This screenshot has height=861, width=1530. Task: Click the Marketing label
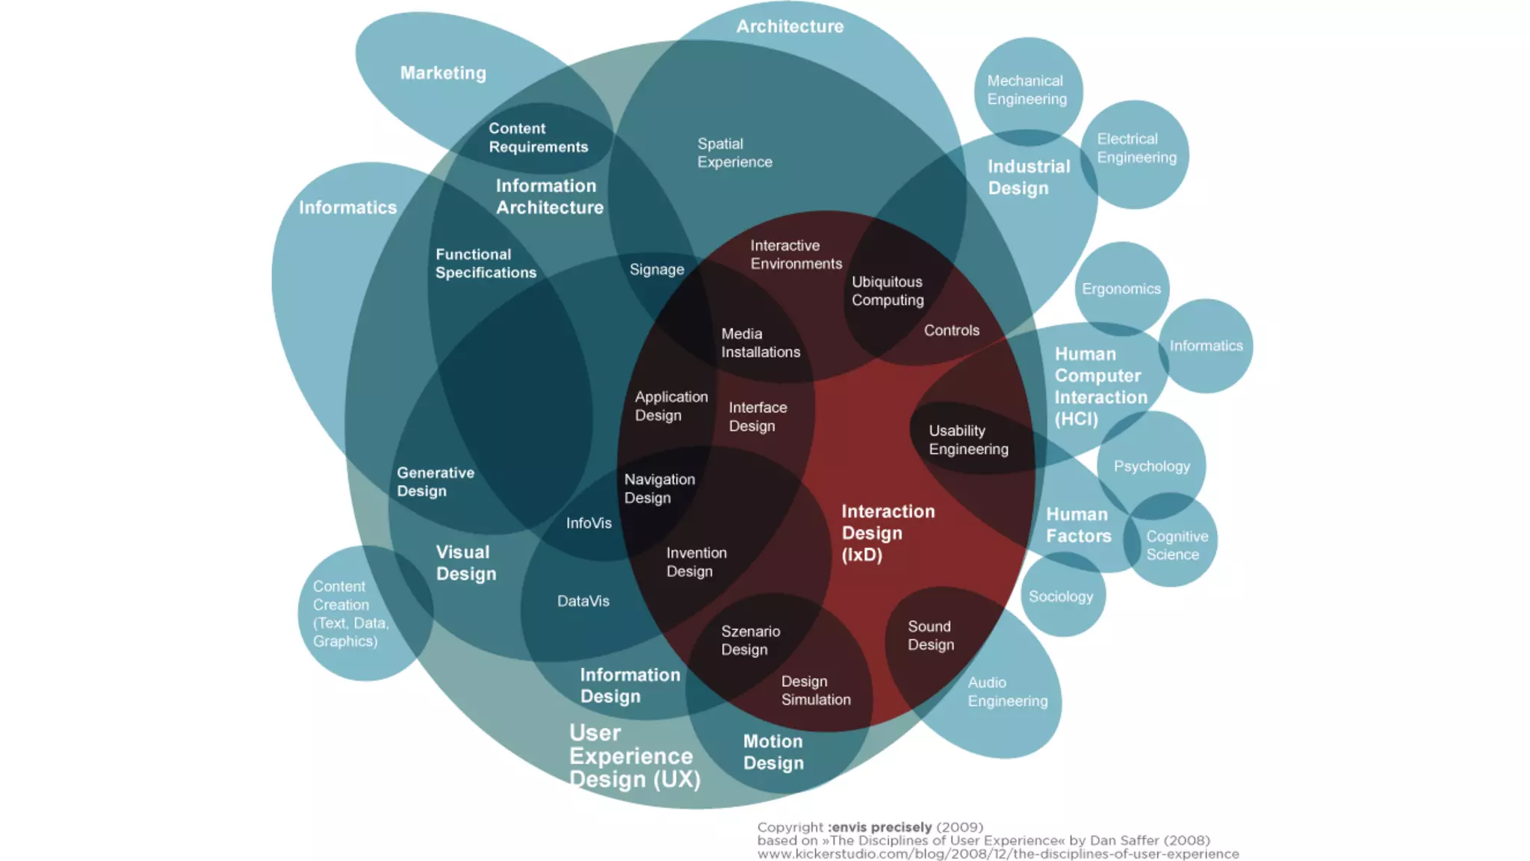443,73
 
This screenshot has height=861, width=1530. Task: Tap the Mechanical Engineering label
1026,90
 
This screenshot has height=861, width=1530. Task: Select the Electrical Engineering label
1136,148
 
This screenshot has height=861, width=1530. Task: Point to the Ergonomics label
1121,289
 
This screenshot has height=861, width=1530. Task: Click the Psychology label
1151,466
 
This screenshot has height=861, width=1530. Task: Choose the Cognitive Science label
1177,546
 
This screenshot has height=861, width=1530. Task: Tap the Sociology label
1060,596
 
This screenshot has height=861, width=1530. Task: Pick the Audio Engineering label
1007,692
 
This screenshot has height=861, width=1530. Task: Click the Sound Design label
930,635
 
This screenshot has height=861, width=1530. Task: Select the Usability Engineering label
968,439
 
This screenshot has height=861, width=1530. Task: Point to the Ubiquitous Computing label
888,291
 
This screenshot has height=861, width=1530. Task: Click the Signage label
657,270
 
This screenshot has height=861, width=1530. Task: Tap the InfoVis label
589,523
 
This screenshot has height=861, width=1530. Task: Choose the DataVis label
583,601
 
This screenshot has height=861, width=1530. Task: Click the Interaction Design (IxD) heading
888,533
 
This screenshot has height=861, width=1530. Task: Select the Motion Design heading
773,752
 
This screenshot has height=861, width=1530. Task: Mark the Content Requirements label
538,138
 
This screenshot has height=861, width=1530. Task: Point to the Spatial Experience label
734,152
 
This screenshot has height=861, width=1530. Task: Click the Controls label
951,330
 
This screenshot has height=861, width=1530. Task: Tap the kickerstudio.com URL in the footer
997,854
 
